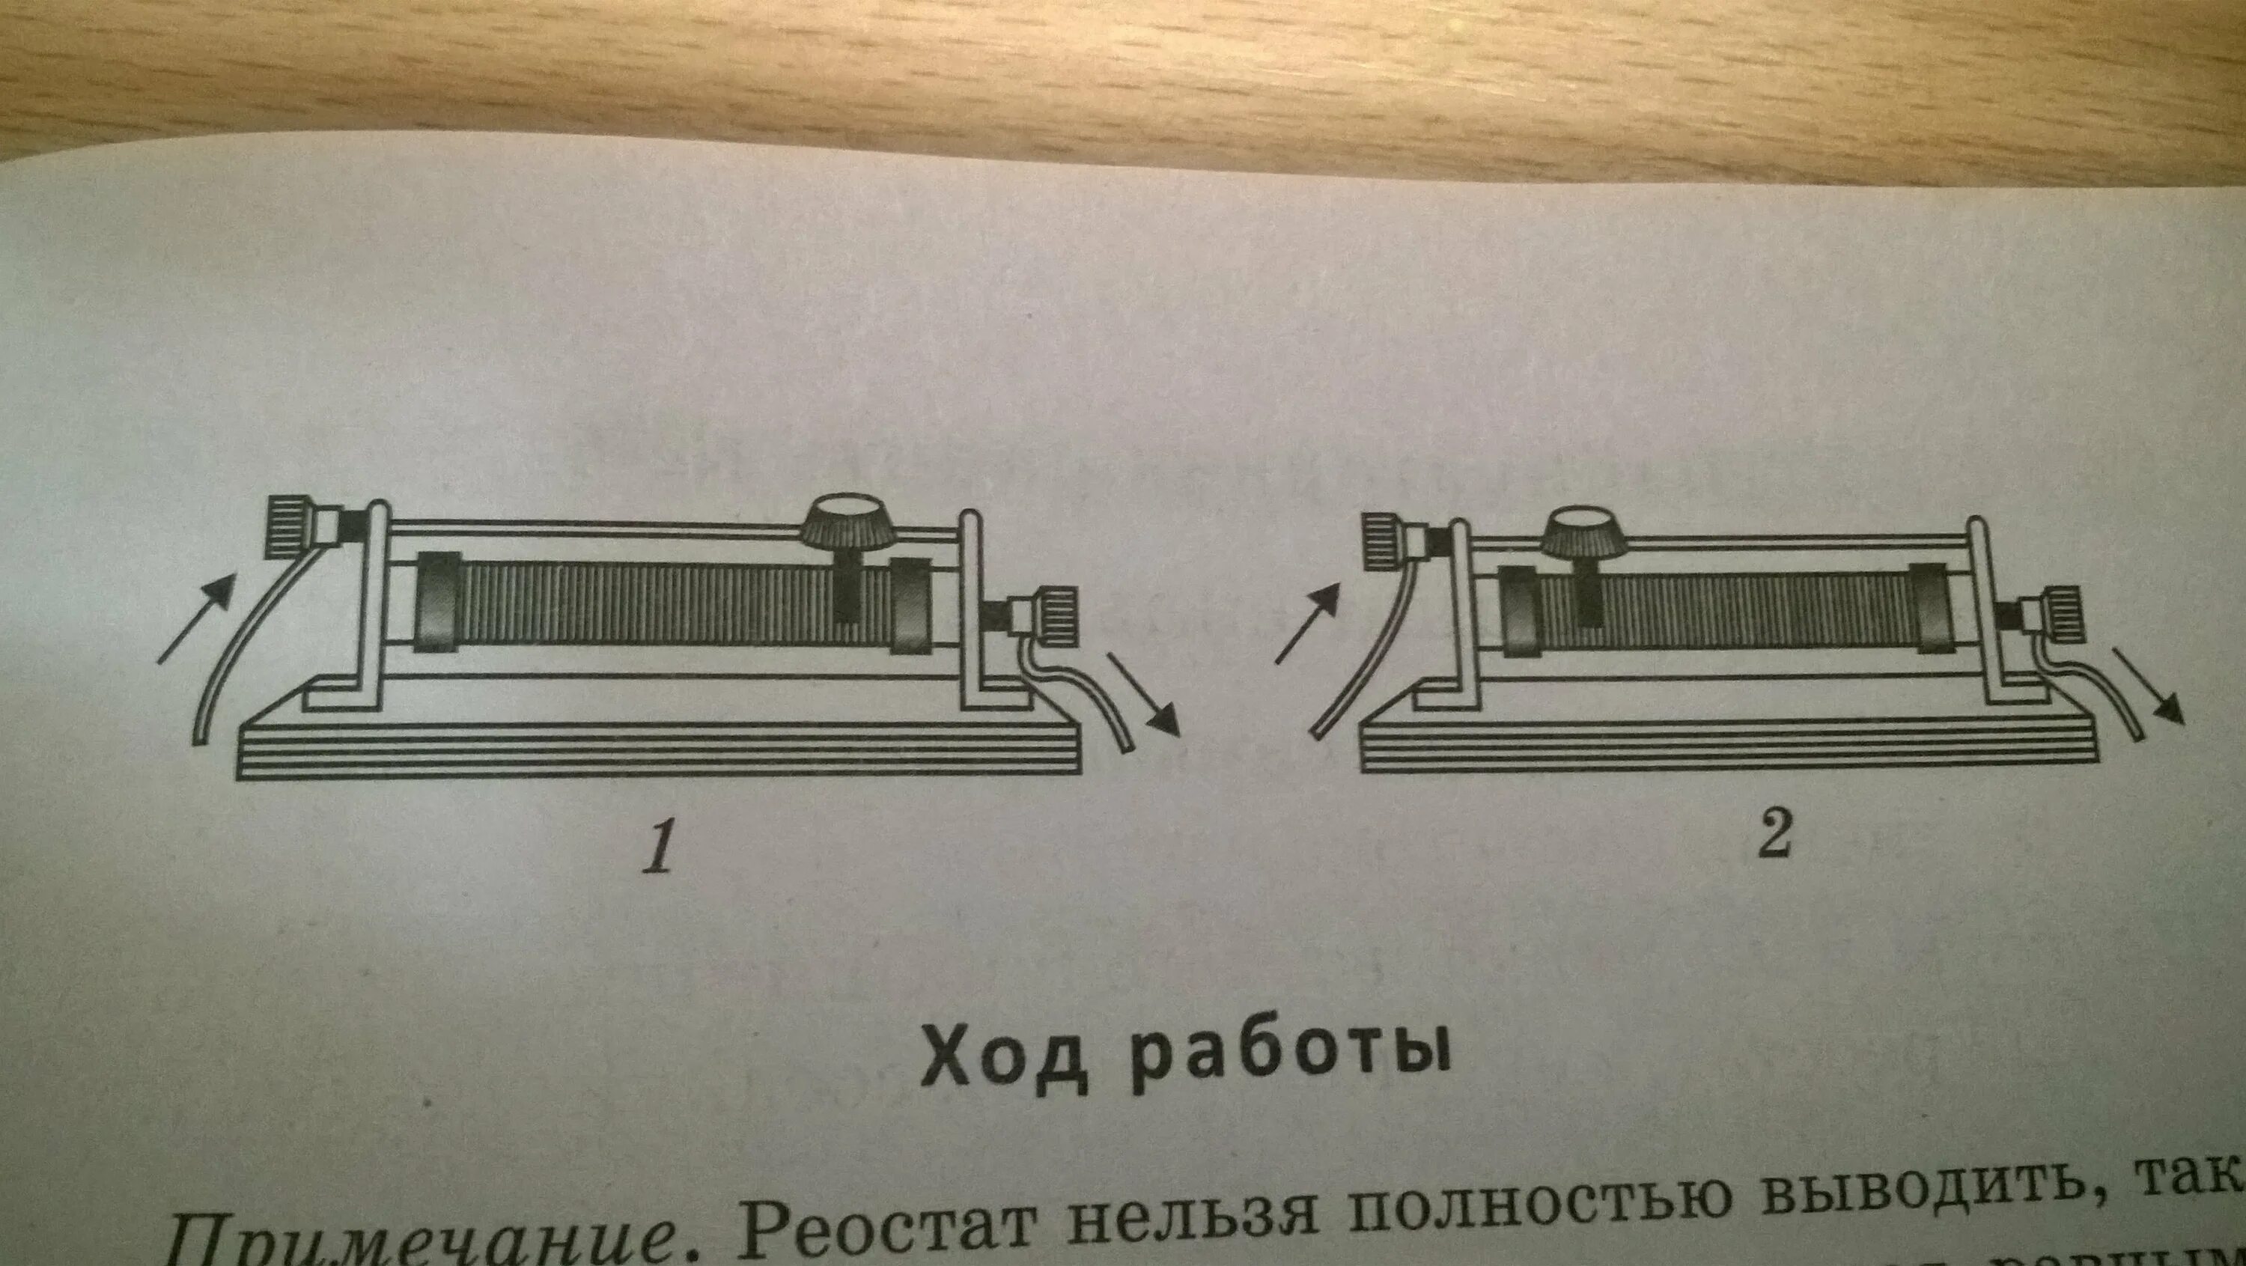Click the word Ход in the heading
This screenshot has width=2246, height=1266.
click(1005, 1059)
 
